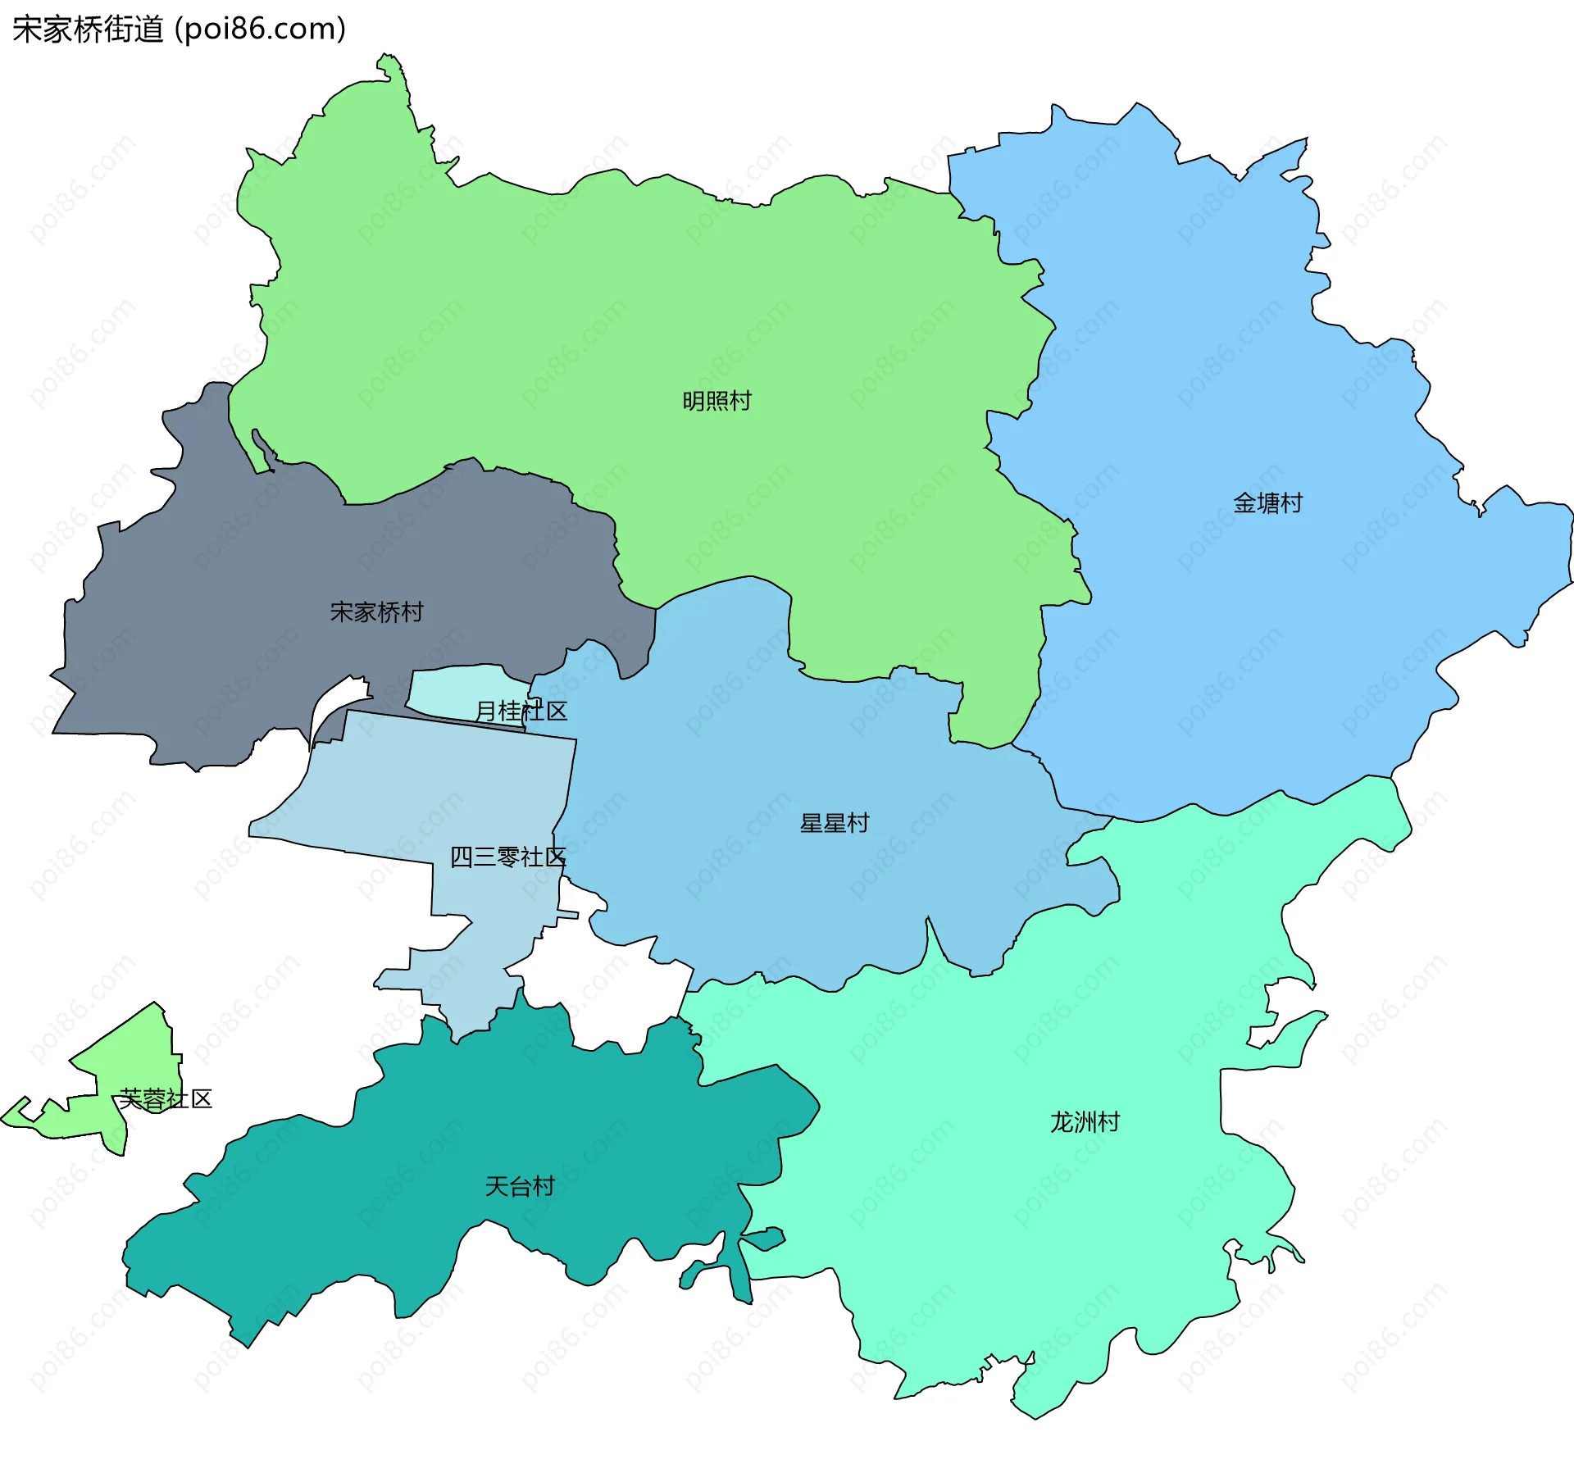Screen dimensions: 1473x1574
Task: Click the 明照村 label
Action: pos(716,401)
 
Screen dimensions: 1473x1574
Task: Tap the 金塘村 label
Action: pos(1267,502)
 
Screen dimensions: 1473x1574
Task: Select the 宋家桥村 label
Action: pos(376,611)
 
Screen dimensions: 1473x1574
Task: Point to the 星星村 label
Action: pos(834,823)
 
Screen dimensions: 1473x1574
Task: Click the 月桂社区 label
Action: pos(521,711)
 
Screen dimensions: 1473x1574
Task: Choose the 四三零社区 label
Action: pos(507,857)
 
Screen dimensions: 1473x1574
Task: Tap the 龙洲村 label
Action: pos(1085,1121)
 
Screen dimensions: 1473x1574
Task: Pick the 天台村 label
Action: pos(519,1186)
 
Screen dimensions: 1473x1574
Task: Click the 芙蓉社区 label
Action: pos(165,1098)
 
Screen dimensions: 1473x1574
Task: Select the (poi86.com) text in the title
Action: pos(261,30)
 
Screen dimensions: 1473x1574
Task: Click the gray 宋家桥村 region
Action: pos(246,590)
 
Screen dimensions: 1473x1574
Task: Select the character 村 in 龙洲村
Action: pos(1108,1121)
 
